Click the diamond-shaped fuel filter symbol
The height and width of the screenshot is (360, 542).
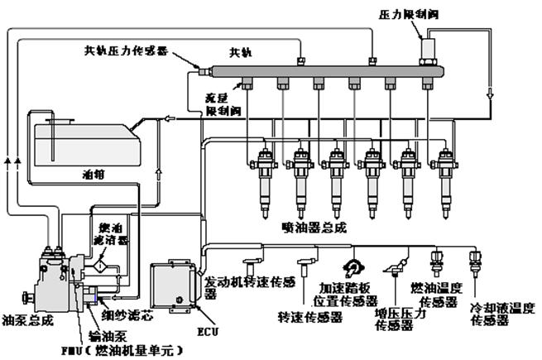(99, 266)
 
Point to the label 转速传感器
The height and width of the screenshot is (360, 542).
(300, 316)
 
